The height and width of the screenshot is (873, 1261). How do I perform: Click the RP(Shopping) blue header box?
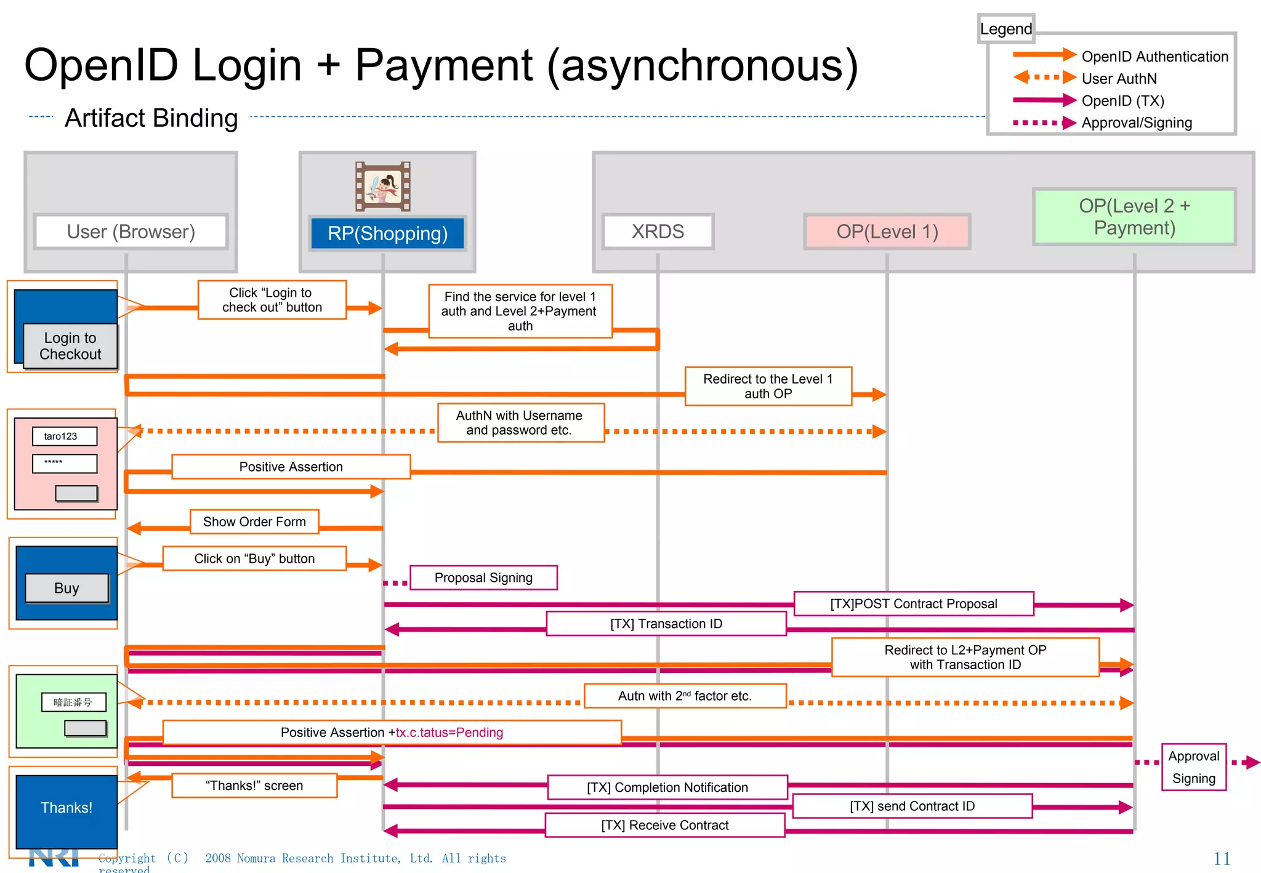point(387,233)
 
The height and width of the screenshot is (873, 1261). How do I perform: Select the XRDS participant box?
point(658,231)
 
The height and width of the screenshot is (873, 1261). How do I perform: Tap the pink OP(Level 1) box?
point(887,231)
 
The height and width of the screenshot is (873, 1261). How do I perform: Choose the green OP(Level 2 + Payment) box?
point(1134,217)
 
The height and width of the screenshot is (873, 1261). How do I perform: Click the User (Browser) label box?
point(131,231)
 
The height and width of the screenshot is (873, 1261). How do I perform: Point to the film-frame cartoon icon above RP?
point(383,186)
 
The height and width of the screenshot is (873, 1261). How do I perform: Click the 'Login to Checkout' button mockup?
point(70,346)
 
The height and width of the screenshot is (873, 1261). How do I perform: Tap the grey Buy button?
point(66,588)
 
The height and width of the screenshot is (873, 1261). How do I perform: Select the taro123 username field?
point(64,436)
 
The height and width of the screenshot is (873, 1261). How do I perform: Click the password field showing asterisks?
point(64,463)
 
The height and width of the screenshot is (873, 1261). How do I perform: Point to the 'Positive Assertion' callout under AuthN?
point(291,467)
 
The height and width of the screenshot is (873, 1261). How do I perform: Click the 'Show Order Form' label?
point(254,521)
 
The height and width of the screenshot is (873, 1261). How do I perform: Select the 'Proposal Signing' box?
point(483,577)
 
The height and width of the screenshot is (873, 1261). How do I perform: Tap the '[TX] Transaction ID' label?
point(666,624)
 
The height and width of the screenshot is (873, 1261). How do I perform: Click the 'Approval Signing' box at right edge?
point(1193,767)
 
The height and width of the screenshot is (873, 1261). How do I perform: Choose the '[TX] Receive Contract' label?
point(665,825)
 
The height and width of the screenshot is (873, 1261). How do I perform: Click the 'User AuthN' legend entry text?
point(1119,79)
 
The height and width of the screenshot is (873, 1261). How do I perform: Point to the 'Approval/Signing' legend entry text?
point(1137,123)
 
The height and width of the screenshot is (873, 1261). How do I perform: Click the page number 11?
point(1222,858)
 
